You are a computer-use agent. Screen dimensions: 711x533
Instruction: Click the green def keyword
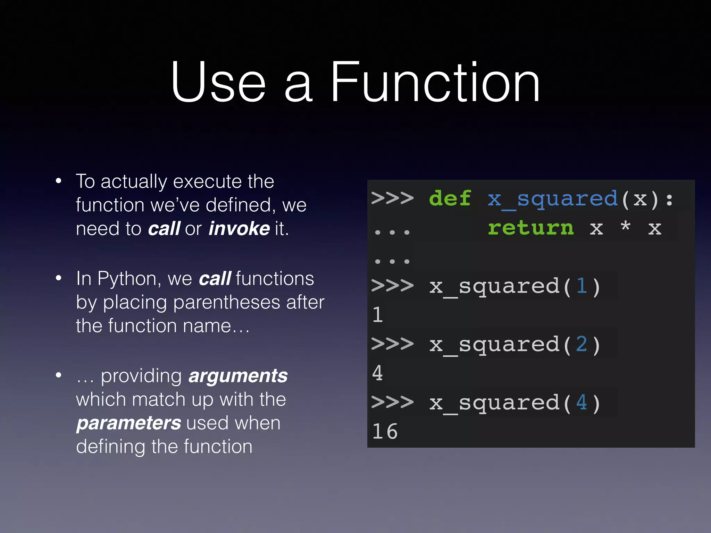(450, 198)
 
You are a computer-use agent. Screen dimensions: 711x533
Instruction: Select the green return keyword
(530, 228)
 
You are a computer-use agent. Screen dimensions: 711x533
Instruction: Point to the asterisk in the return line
(626, 226)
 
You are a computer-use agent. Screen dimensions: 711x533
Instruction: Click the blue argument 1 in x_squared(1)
(582, 286)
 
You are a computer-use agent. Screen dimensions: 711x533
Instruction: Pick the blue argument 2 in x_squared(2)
(582, 345)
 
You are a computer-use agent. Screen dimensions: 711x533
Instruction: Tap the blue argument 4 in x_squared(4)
(582, 403)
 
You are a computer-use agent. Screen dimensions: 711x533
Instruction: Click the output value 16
(385, 431)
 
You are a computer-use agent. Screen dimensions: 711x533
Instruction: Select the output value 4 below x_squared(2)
(377, 373)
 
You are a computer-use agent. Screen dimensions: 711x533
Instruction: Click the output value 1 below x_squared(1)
(377, 315)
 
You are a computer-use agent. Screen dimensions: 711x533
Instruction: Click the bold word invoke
(239, 229)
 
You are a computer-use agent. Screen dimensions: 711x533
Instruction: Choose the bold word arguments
(238, 376)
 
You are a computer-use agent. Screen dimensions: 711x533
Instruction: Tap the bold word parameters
(128, 423)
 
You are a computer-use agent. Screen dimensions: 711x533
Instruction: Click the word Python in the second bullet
(127, 279)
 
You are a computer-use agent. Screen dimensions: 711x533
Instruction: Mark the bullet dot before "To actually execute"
(59, 181)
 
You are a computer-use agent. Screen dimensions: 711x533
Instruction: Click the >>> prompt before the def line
(392, 198)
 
